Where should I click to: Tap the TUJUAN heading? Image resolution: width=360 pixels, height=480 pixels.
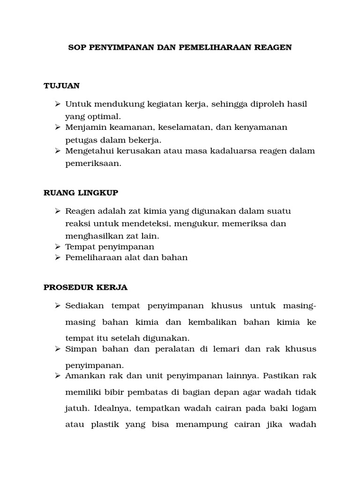click(61, 86)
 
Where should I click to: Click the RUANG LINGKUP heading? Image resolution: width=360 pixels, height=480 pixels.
click(81, 193)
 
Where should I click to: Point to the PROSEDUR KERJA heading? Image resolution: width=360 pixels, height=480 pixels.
click(85, 287)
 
